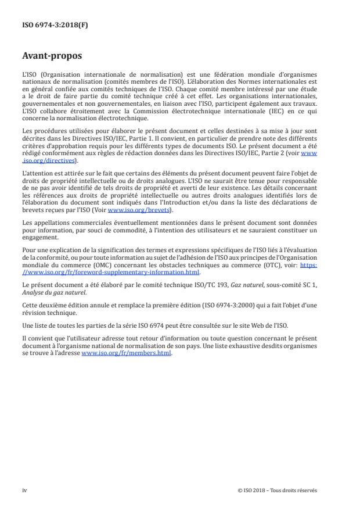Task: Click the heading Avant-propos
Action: coord(52,57)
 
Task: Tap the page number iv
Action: coord(24,490)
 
